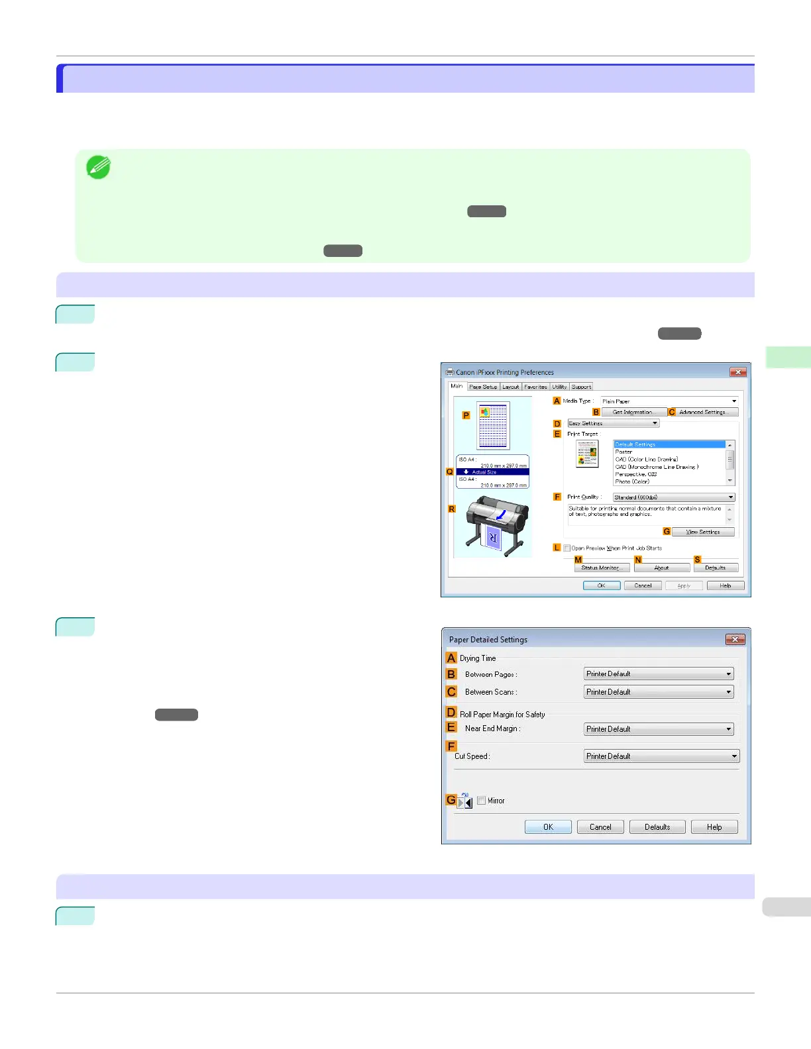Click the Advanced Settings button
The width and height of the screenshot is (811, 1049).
click(702, 412)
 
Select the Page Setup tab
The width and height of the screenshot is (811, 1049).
click(483, 387)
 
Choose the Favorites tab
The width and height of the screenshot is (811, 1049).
click(535, 387)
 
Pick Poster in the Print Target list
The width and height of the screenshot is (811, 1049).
click(623, 452)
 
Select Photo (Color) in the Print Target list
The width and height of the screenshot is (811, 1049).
click(632, 481)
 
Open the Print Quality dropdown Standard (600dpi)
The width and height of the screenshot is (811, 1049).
click(673, 497)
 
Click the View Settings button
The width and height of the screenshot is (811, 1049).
click(702, 532)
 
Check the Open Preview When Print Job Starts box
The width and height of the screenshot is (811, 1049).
click(567, 548)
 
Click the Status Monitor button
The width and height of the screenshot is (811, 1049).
click(600, 568)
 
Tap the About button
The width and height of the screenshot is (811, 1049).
click(661, 568)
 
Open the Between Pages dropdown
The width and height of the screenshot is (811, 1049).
click(659, 674)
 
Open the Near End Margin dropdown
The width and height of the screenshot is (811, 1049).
click(659, 729)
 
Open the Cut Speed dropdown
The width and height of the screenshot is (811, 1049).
click(661, 756)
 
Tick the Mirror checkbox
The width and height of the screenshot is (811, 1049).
click(482, 801)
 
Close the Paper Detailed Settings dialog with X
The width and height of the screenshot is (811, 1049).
click(735, 639)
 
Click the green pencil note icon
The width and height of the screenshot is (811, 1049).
click(99, 168)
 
